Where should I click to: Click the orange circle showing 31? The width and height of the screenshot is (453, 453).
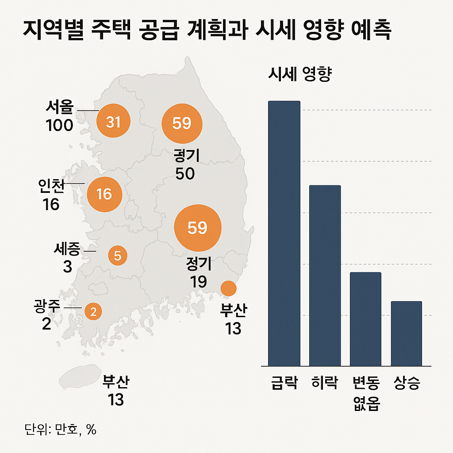(x=113, y=122)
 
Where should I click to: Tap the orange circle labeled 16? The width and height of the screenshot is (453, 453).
(x=105, y=194)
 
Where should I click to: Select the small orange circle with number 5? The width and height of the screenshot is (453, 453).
(x=118, y=255)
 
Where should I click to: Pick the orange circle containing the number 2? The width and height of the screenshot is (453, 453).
(x=93, y=312)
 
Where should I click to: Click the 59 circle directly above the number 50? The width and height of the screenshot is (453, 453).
(x=181, y=123)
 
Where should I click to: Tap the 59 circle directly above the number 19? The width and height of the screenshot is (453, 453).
(x=197, y=228)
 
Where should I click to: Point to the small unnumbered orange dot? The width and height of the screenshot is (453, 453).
(x=228, y=288)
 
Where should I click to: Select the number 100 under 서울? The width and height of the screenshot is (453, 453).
(x=59, y=126)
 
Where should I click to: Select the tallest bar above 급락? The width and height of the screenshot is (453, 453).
(x=284, y=233)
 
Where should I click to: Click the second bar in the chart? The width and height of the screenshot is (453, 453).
(x=325, y=275)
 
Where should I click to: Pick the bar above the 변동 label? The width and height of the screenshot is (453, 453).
(x=365, y=319)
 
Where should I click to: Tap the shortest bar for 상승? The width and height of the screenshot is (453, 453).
(x=406, y=334)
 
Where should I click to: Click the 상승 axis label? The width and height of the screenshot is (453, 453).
(x=406, y=383)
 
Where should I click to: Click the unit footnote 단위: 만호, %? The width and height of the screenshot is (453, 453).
(x=61, y=430)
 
